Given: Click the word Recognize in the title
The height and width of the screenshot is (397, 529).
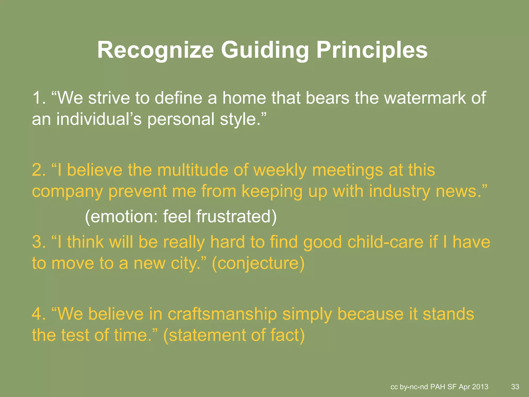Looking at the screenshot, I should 155,50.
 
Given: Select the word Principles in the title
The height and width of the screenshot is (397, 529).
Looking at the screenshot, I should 372,50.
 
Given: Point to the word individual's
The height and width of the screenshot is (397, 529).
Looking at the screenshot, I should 99,119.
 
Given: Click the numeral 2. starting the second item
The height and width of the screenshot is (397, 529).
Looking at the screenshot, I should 39,170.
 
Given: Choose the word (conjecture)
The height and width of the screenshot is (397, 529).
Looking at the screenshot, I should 258,263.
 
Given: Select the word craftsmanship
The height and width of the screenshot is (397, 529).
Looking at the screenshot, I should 222,314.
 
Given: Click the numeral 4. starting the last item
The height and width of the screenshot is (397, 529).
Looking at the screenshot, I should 39,314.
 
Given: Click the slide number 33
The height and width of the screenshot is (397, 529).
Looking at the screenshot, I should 515,387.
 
